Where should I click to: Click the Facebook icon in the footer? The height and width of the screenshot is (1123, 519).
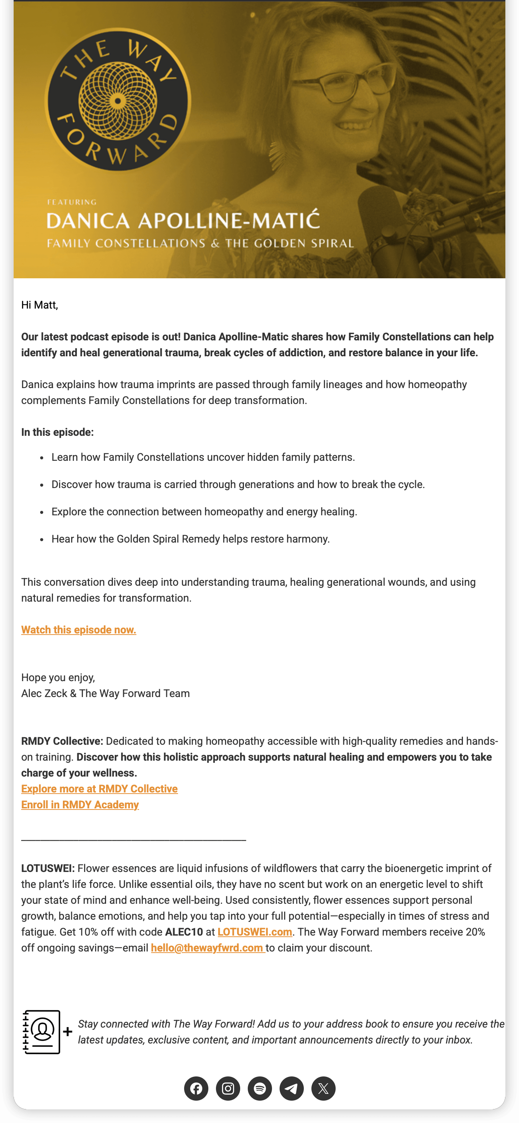coord(196,1088)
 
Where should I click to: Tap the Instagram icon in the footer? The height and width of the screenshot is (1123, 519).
coord(228,1088)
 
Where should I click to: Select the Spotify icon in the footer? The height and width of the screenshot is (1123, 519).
coord(260,1088)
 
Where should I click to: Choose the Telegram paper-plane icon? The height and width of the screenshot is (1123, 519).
coord(292,1088)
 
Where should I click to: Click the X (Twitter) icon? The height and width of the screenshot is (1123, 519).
coord(324,1088)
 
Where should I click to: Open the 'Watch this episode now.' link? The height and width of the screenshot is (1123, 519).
coord(78,630)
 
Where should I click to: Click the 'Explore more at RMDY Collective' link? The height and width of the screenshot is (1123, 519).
coord(99,789)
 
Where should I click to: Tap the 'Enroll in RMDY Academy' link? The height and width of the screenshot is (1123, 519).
coord(80,805)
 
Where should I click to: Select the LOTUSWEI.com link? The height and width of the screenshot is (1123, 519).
coord(255,932)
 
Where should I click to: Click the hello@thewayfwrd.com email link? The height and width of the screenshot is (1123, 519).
coord(207,948)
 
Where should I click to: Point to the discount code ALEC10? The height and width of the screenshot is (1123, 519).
coord(184,932)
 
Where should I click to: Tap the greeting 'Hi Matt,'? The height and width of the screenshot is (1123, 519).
coord(40,305)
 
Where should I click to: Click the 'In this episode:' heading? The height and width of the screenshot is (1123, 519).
coord(58,432)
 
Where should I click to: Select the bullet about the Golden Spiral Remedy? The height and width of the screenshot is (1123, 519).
coord(191,539)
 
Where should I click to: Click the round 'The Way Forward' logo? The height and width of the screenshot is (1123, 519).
coord(118,101)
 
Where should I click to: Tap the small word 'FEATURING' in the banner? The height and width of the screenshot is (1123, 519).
coord(72,202)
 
